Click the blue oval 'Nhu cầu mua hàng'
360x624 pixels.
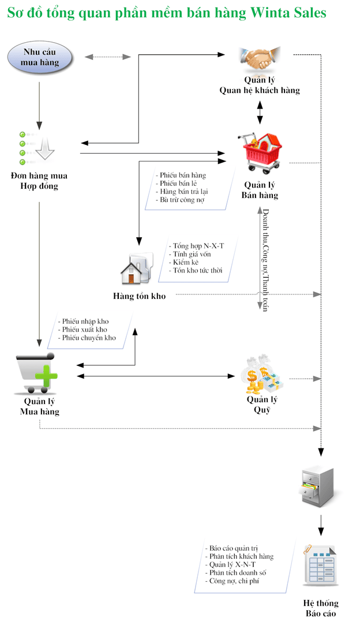40,58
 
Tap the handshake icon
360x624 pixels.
260,59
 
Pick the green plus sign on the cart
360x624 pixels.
46,376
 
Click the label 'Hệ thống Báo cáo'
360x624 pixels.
321,608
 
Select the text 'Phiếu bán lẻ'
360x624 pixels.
178,184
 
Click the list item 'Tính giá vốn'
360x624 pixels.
192,255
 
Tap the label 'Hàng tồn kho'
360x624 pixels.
139,296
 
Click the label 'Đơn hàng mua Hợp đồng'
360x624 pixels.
39,181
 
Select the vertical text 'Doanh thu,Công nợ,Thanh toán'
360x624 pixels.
265,260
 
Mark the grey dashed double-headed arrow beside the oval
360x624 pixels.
108,57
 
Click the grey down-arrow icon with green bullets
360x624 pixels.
37,148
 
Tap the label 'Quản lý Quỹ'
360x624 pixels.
262,405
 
